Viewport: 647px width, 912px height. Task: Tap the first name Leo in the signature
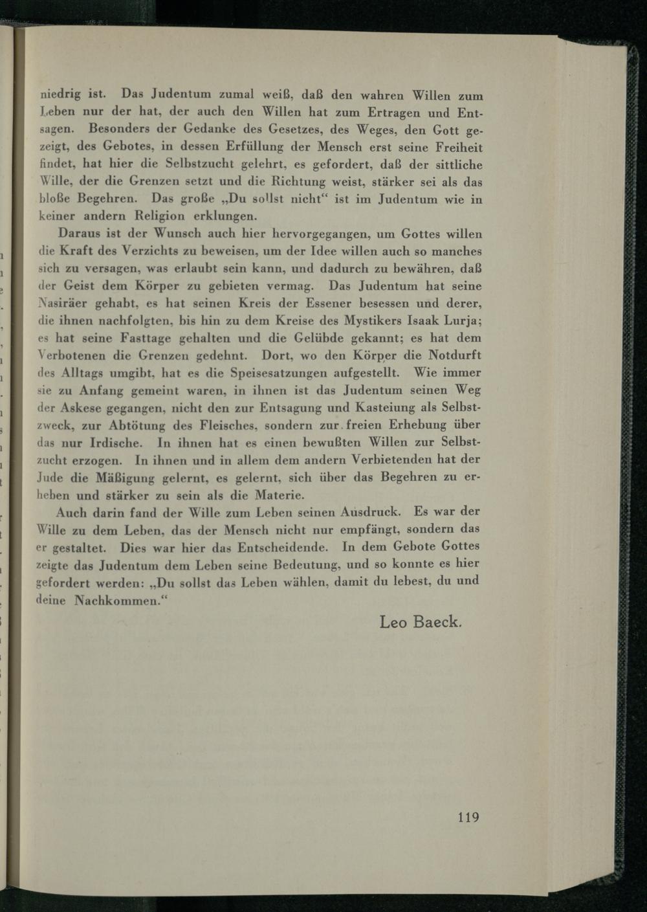click(393, 623)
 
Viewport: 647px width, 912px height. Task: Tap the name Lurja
click(459, 320)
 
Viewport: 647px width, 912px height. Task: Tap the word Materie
click(280, 496)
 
